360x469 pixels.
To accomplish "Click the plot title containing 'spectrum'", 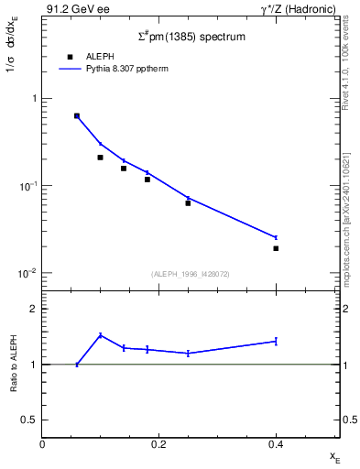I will [x=191, y=36].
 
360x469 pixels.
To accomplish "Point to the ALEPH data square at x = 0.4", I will [x=276, y=248].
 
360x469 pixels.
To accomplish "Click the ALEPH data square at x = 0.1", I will [x=101, y=158].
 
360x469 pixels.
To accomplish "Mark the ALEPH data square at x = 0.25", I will [x=188, y=202].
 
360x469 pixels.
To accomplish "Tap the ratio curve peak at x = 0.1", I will [x=101, y=335].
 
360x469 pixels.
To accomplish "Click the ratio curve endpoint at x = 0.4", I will [x=276, y=341].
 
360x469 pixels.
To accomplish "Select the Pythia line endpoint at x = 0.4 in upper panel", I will [x=276, y=237].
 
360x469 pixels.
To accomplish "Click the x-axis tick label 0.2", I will [x=158, y=444].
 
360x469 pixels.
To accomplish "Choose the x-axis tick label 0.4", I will [x=276, y=444].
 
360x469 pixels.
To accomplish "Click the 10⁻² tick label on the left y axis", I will [x=27, y=273].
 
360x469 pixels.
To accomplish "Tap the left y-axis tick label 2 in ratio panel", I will [x=33, y=309].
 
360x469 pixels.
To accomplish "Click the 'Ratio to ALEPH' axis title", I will [x=14, y=364].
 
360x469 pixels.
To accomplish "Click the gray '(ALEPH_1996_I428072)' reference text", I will [x=191, y=274].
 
